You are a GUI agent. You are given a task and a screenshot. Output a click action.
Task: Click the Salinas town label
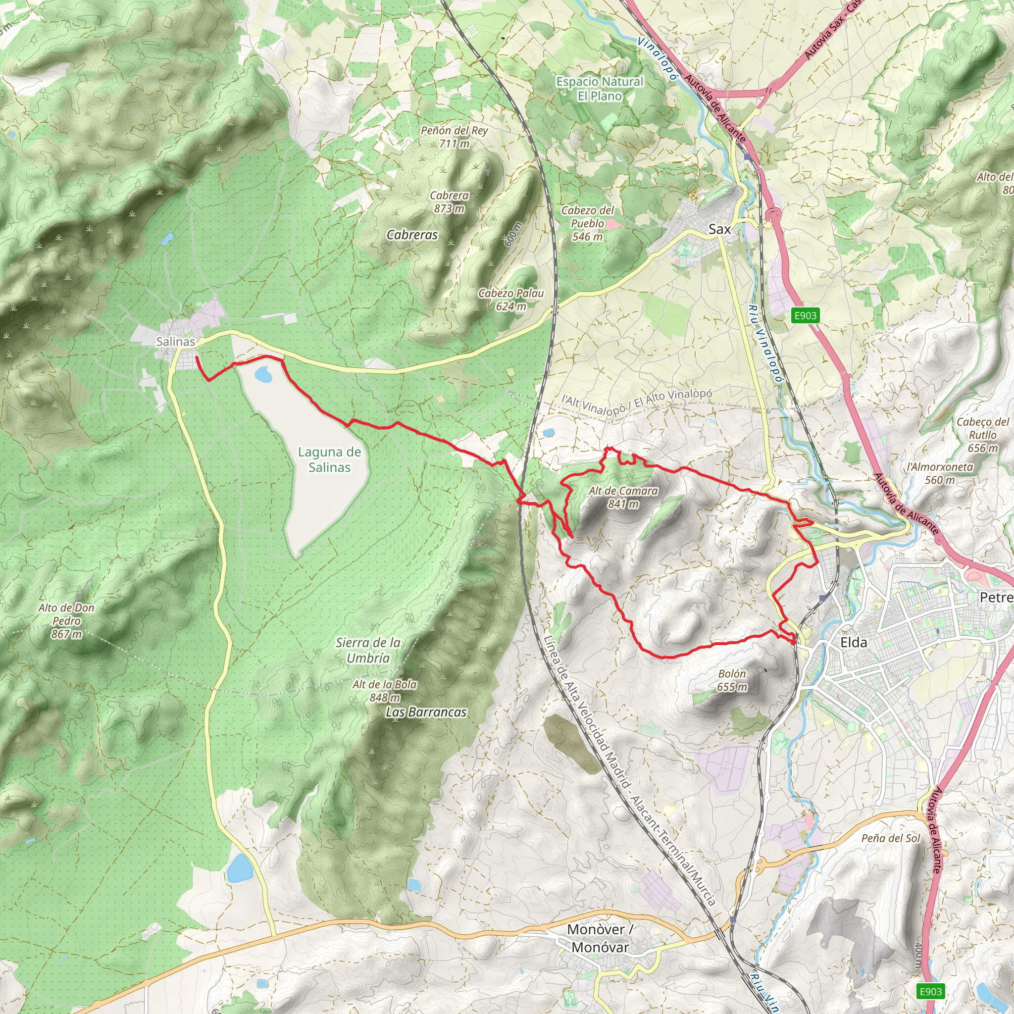[x=175, y=341]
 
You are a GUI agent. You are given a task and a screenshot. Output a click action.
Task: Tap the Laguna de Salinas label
[x=329, y=459]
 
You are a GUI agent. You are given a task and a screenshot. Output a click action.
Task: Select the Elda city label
[x=854, y=642]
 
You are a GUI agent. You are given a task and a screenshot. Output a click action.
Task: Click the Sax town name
[x=719, y=229]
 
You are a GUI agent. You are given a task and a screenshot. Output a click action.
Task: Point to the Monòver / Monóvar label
[x=600, y=938]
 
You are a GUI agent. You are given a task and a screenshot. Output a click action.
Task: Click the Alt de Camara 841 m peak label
[x=623, y=497]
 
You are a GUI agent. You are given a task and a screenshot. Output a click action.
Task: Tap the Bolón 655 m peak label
[x=732, y=680]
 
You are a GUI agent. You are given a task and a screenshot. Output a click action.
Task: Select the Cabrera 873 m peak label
[x=449, y=202]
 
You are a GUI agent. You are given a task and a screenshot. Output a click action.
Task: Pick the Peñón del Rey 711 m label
[x=454, y=137]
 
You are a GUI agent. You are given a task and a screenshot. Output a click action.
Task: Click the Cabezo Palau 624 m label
[x=510, y=300]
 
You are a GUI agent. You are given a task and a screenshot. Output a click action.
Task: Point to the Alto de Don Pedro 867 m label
[x=67, y=621]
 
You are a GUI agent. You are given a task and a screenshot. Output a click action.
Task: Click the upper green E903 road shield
[x=805, y=315]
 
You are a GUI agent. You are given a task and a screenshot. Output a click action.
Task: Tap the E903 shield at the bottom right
[x=930, y=991]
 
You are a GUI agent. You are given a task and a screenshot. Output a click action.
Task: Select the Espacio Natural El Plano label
[x=600, y=89]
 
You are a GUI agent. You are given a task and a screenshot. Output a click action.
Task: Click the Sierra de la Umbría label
[x=368, y=650]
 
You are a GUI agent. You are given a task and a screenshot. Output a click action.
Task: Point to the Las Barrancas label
[x=426, y=712]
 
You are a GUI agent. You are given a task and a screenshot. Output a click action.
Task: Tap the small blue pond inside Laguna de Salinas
[x=263, y=375]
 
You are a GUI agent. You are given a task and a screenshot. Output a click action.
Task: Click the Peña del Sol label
[x=891, y=838]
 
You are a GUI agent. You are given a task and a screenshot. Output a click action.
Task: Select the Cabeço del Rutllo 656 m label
[x=982, y=435]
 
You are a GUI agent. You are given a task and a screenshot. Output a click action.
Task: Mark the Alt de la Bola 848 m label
[x=385, y=691]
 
